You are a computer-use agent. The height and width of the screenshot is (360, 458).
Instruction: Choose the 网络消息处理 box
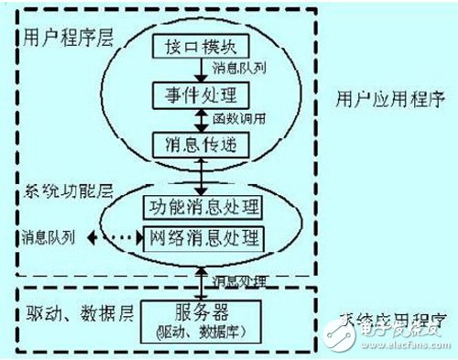click(x=205, y=239)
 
